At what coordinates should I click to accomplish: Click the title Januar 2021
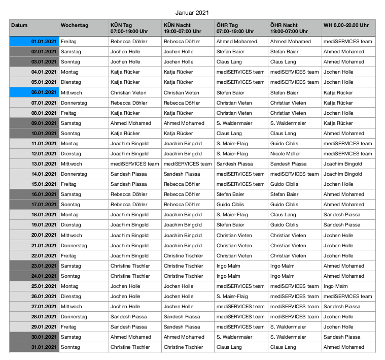(192, 12)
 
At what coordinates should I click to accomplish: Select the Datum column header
(33, 27)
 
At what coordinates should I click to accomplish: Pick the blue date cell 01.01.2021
(33, 41)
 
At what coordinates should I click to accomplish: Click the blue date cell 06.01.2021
(33, 92)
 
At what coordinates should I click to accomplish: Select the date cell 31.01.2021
(33, 347)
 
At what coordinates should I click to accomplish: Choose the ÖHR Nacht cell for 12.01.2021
(295, 153)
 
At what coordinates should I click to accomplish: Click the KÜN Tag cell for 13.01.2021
(135, 163)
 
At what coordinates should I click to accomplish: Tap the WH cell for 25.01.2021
(348, 286)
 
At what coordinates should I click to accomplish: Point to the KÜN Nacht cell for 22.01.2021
(188, 255)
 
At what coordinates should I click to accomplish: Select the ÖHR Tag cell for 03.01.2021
(241, 61)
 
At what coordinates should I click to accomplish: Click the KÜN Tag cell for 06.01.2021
(135, 92)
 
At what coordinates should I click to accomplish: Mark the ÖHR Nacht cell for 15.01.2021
(295, 184)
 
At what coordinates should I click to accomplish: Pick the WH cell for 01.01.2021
(348, 41)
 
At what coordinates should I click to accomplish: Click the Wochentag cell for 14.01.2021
(84, 174)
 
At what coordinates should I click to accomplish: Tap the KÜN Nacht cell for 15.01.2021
(188, 184)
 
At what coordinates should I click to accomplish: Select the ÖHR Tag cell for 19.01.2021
(241, 225)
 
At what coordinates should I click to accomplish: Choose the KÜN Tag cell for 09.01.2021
(135, 123)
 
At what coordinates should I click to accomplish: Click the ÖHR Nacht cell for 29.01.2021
(295, 326)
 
